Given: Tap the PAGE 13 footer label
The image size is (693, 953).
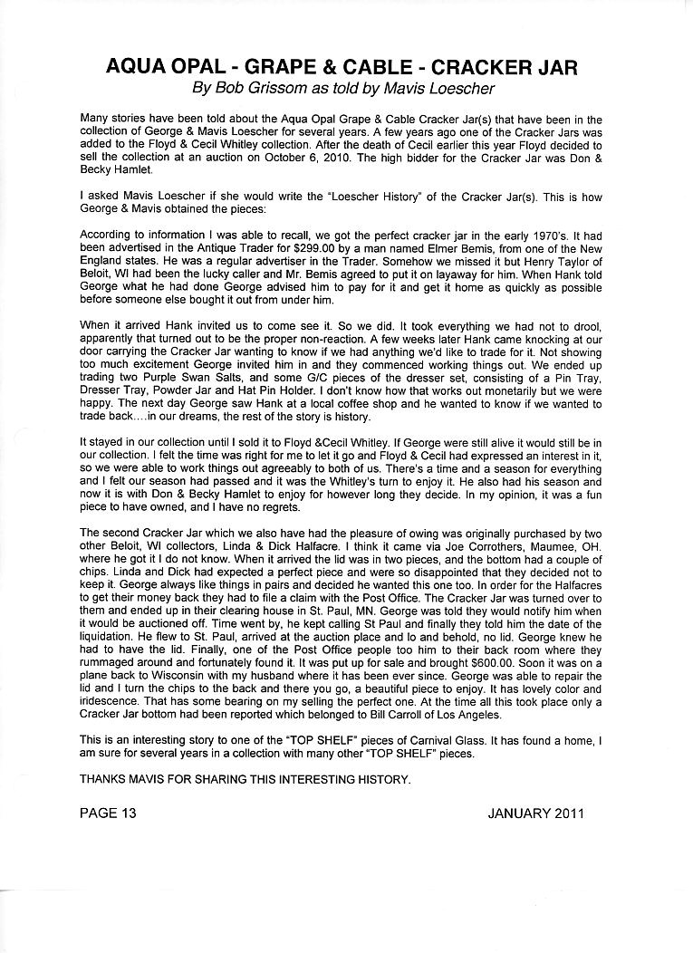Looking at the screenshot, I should (x=108, y=813).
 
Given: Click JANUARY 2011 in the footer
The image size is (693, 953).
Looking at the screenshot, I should (x=535, y=813).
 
